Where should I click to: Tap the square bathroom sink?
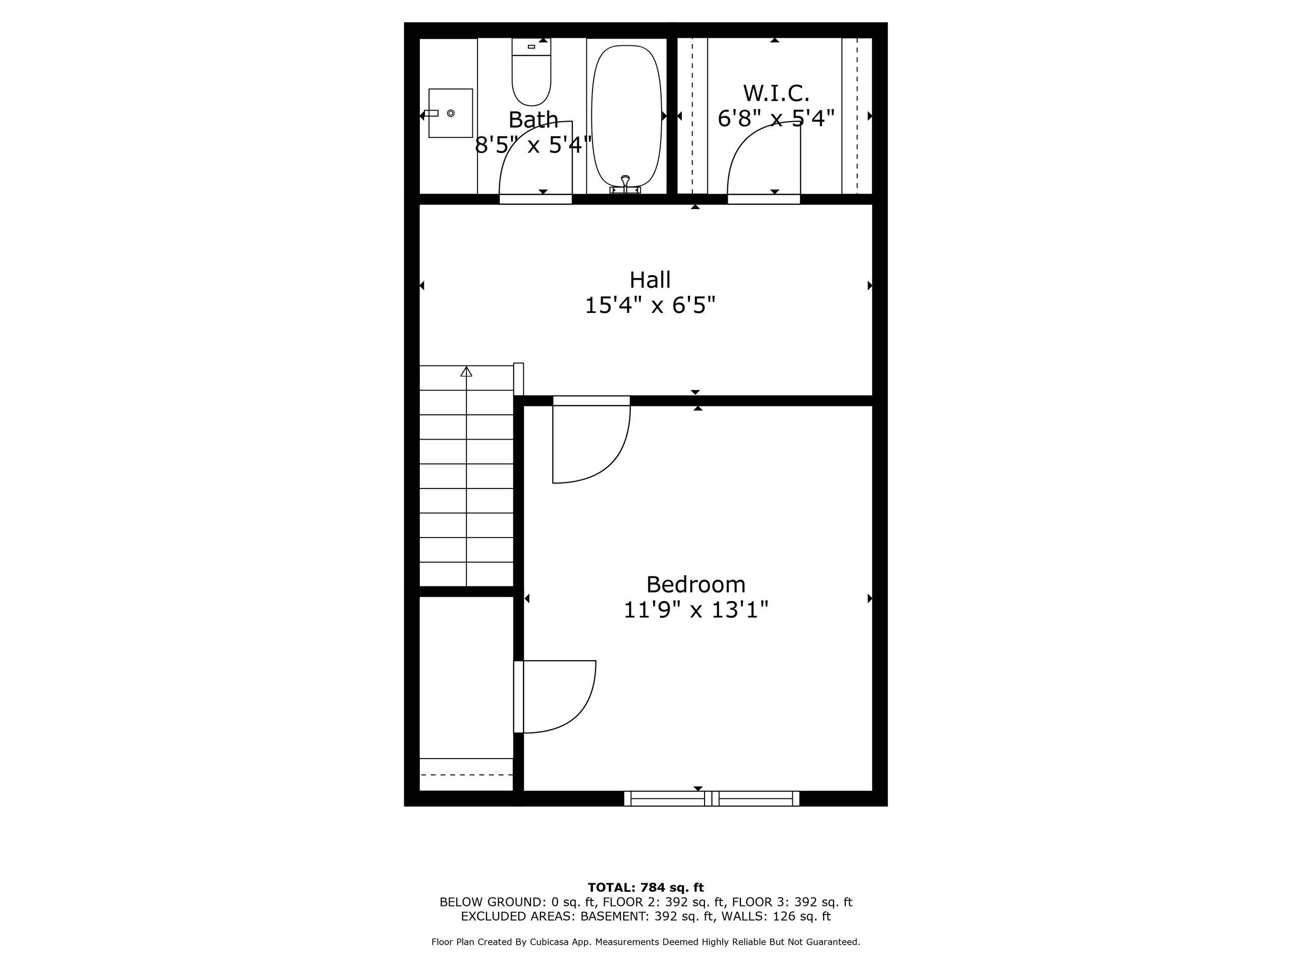pyautogui.click(x=450, y=114)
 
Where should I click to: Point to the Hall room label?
pyautogui.click(x=650, y=280)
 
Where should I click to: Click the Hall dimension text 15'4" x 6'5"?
pyautogui.click(x=650, y=305)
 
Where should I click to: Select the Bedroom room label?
pyautogui.click(x=695, y=584)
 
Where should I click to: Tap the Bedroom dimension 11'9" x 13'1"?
pyautogui.click(x=695, y=610)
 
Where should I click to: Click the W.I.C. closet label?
pyautogui.click(x=776, y=93)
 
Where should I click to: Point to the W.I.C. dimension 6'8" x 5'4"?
pyautogui.click(x=776, y=119)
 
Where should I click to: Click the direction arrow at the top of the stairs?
pyautogui.click(x=466, y=371)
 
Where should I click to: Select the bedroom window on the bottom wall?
pyautogui.click(x=712, y=798)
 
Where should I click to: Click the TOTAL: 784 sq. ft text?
pyautogui.click(x=646, y=888)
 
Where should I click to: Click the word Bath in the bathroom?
pyautogui.click(x=533, y=120)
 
